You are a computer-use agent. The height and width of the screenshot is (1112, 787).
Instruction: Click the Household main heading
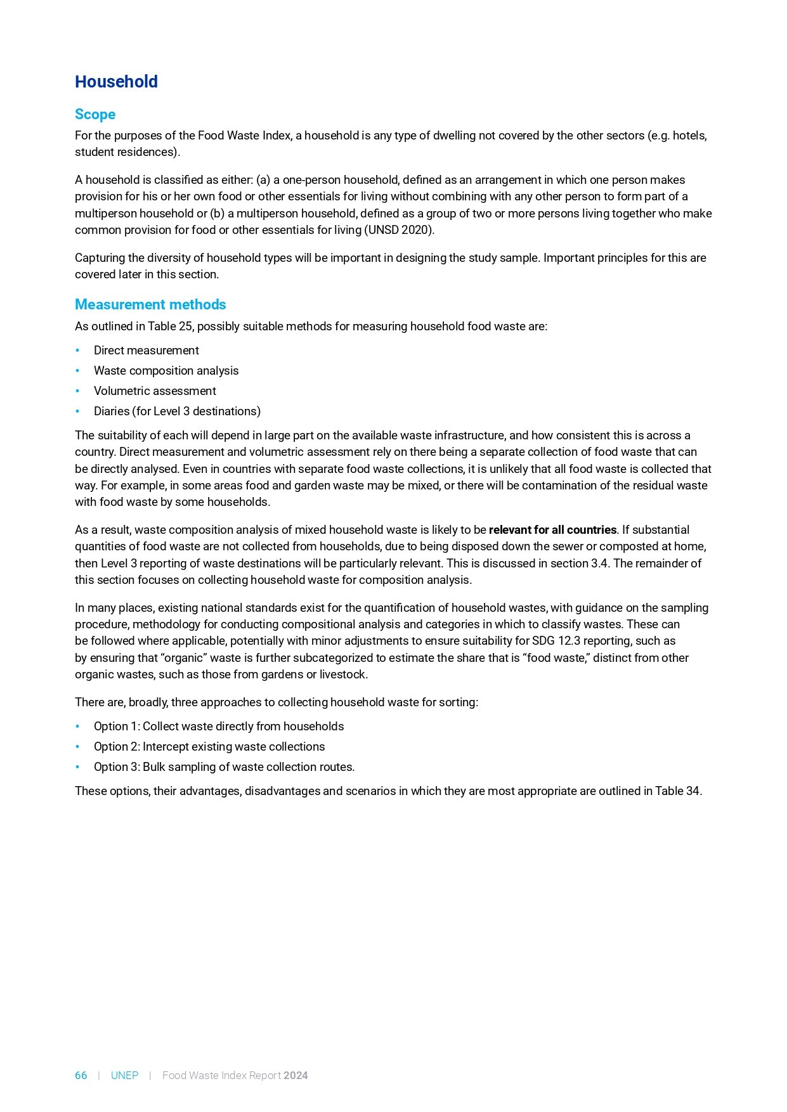point(116,82)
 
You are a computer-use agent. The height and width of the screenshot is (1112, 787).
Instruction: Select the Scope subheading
point(95,114)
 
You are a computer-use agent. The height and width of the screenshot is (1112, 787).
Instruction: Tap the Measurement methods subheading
point(150,304)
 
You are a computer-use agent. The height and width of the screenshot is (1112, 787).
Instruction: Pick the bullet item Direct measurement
point(146,351)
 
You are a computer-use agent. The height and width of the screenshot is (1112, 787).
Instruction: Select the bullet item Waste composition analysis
point(166,371)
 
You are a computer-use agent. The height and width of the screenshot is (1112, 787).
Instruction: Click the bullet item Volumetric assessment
point(155,391)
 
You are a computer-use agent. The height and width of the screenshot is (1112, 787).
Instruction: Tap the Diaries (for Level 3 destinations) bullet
point(177,411)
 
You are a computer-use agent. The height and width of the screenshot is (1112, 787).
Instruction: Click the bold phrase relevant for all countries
point(552,530)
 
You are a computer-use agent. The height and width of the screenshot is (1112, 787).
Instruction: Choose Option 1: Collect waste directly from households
point(219,727)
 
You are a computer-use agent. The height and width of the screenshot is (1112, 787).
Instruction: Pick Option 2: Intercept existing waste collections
point(209,747)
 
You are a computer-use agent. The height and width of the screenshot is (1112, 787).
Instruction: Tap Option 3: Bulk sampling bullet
point(224,767)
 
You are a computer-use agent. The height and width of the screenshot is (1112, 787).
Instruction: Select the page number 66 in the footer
point(81,1075)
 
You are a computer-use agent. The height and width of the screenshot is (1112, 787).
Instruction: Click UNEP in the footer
point(124,1075)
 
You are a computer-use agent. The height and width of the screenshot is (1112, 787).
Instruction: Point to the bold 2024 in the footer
point(296,1075)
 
